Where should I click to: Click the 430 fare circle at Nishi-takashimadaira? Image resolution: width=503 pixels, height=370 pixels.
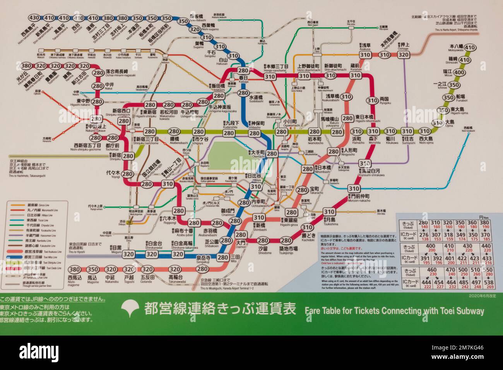coord(34,17)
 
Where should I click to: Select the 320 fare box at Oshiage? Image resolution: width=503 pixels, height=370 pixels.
coord(404,55)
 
